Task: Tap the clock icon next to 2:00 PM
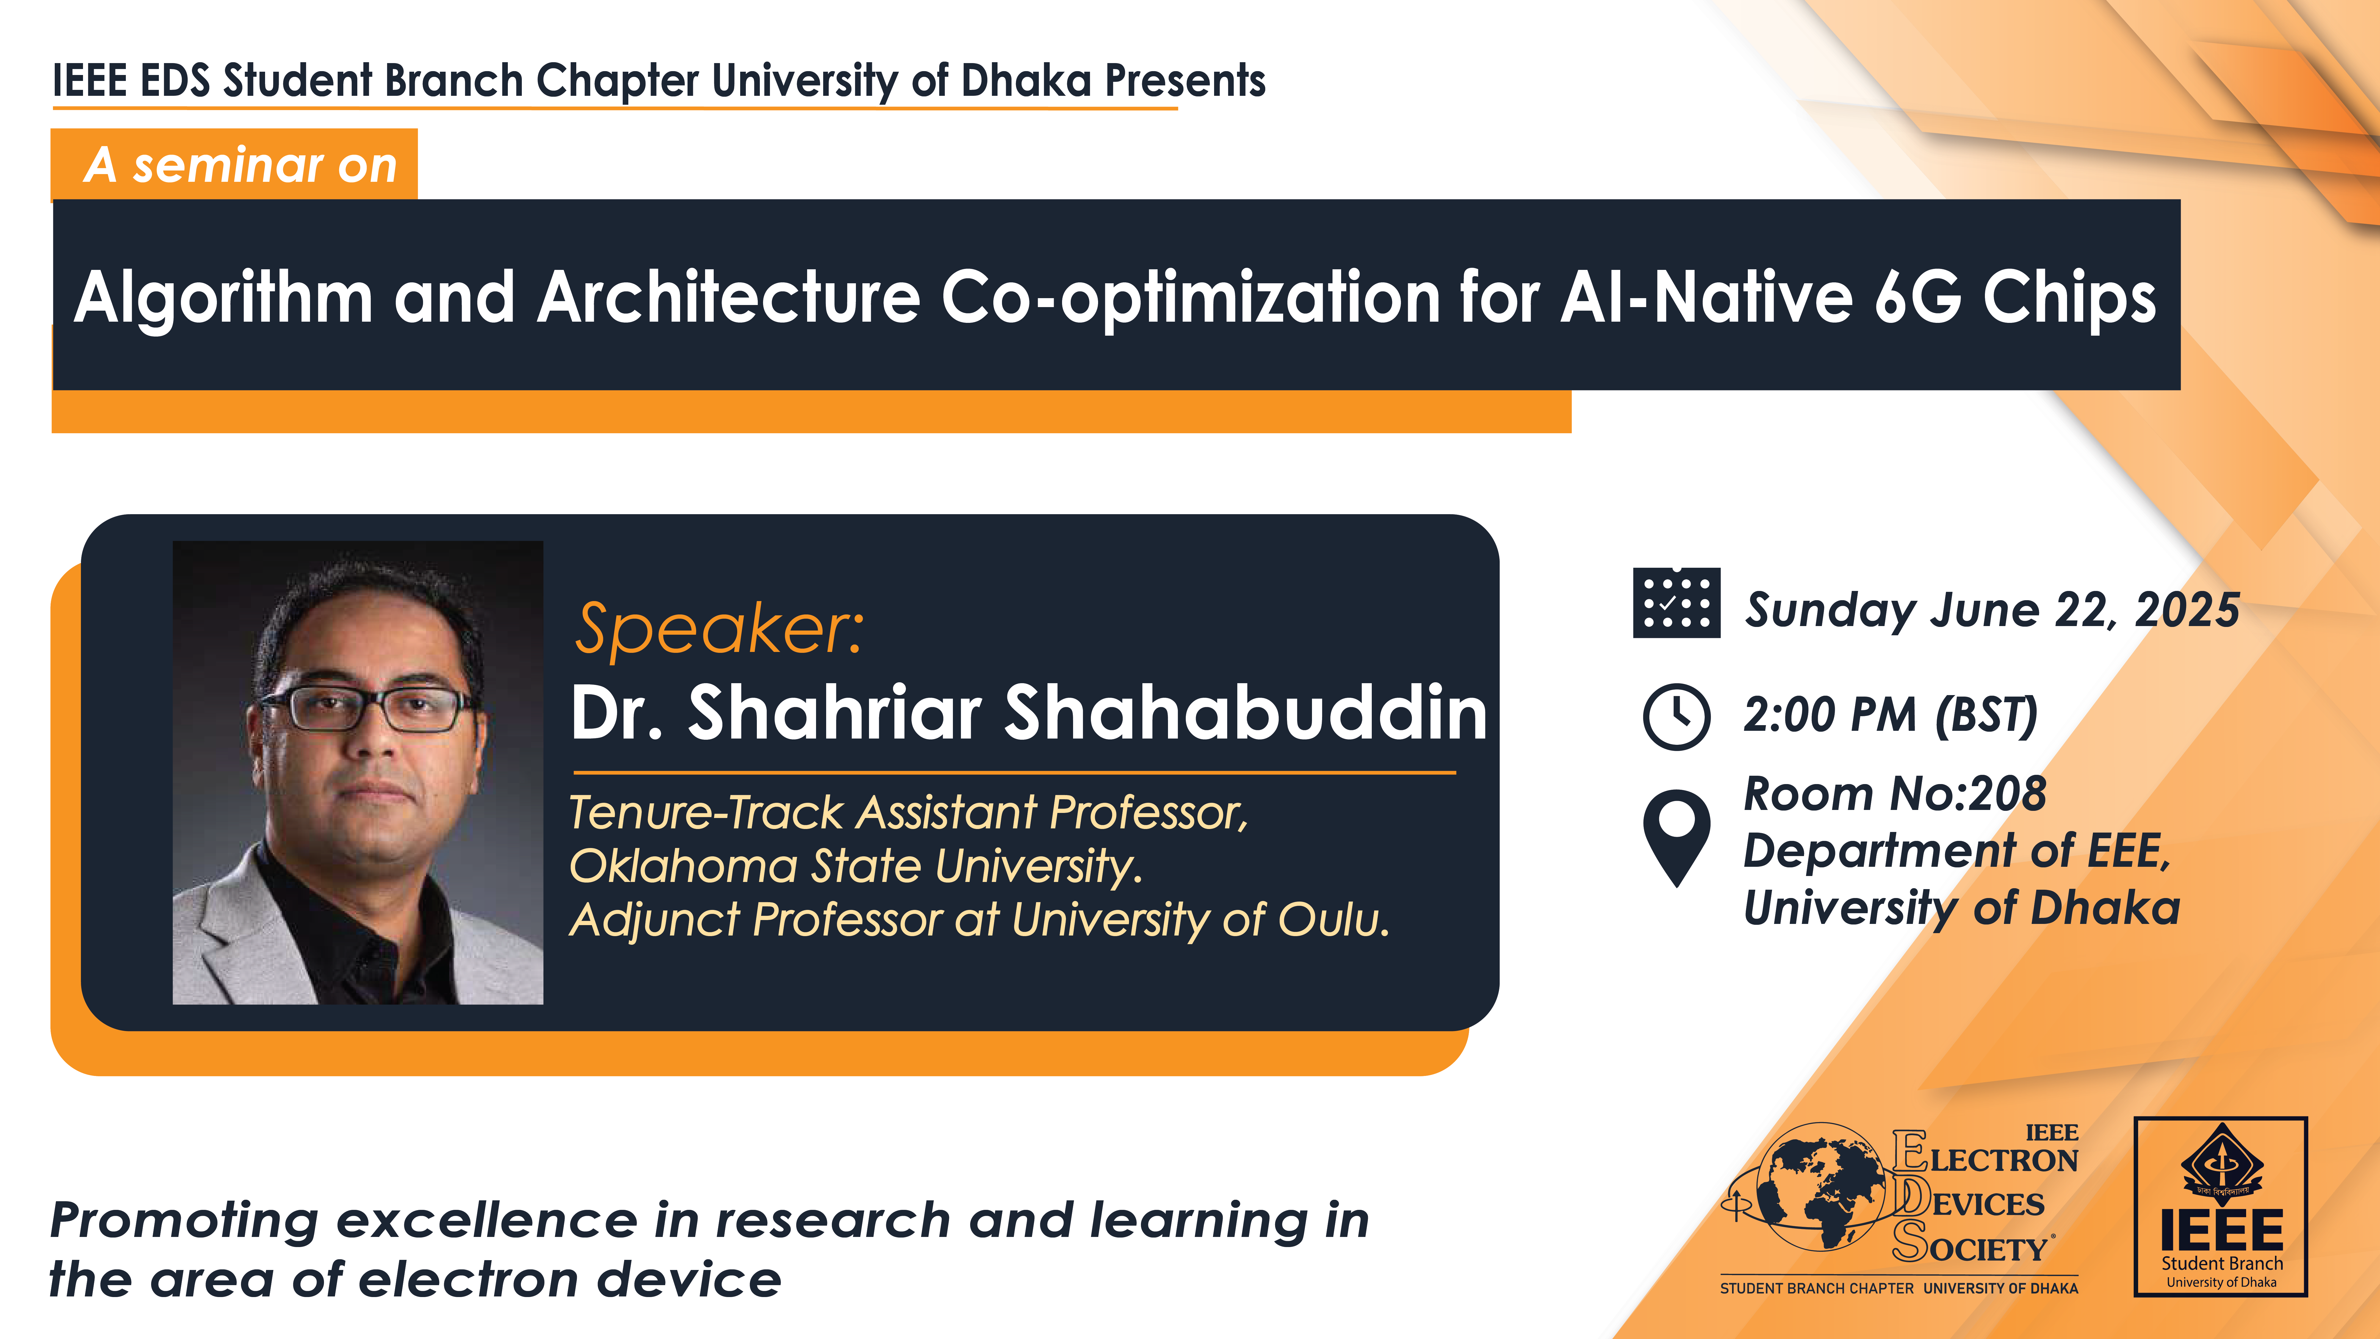pyautogui.click(x=1676, y=716)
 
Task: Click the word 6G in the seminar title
pyautogui.click(x=1917, y=298)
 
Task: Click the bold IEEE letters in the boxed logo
pyautogui.click(x=2221, y=1230)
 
